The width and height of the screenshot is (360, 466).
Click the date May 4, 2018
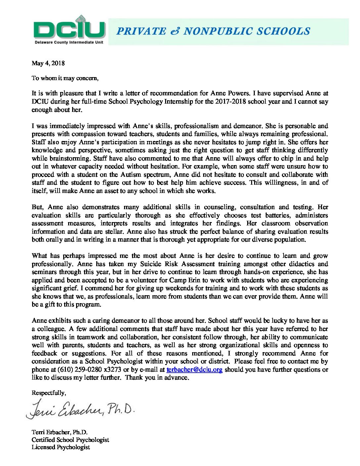pyautogui.click(x=48, y=63)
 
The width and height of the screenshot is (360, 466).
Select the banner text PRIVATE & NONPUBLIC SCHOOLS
pyautogui.click(x=213, y=31)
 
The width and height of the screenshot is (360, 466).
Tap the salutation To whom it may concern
pyautogui.click(x=65, y=78)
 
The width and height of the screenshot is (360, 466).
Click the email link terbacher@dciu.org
pyautogui.click(x=195, y=369)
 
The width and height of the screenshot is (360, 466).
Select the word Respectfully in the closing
pyautogui.click(x=49, y=393)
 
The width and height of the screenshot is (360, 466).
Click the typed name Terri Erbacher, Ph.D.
pyautogui.click(x=60, y=432)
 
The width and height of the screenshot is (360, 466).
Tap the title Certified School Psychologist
pyautogui.click(x=70, y=440)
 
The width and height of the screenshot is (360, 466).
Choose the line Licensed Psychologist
pyautogui.click(x=61, y=447)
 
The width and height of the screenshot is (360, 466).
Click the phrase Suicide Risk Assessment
pyautogui.click(x=177, y=264)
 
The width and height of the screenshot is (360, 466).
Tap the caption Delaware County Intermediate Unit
pyautogui.click(x=69, y=42)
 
